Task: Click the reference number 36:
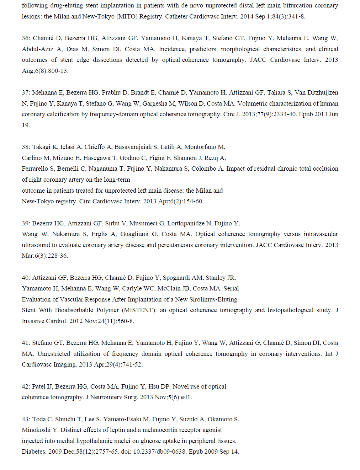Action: [x=26, y=38]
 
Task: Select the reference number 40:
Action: [x=26, y=278]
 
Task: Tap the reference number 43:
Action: [x=26, y=419]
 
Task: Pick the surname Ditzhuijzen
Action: [x=323, y=92]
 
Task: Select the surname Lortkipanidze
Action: [x=185, y=223]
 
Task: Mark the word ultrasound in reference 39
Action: [x=36, y=245]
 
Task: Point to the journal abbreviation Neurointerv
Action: [x=106, y=397]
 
